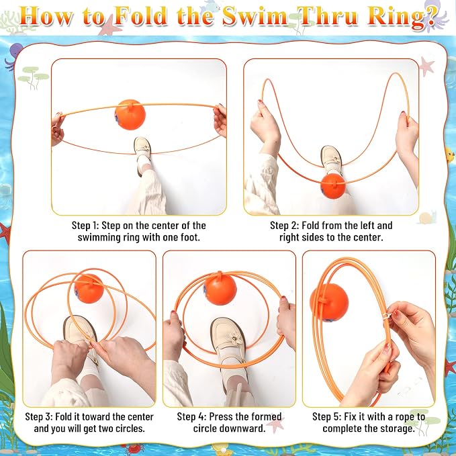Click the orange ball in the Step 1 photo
coord(130,114)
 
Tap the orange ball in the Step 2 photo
coord(333,186)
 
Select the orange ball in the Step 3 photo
coord(89,289)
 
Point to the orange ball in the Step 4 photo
coord(220,288)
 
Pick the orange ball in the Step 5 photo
coord(329,302)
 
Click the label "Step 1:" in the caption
coord(85,226)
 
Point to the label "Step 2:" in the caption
coord(285,226)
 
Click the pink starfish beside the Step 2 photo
coord(427,66)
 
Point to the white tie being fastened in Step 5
coord(388,316)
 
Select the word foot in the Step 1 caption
coord(190,238)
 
